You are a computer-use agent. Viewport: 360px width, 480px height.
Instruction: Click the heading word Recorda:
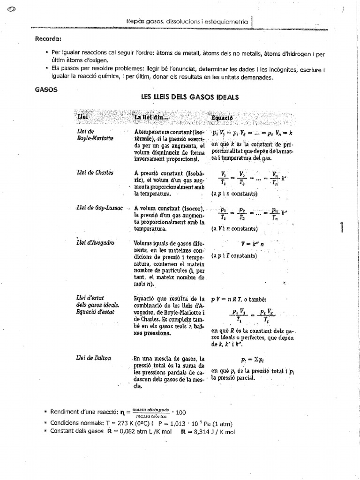48,39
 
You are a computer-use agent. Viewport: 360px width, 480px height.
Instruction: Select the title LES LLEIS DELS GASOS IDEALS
190,97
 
